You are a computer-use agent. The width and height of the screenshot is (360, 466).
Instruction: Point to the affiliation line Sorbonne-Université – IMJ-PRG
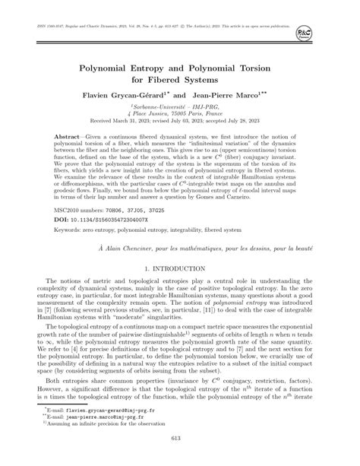point(179,108)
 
